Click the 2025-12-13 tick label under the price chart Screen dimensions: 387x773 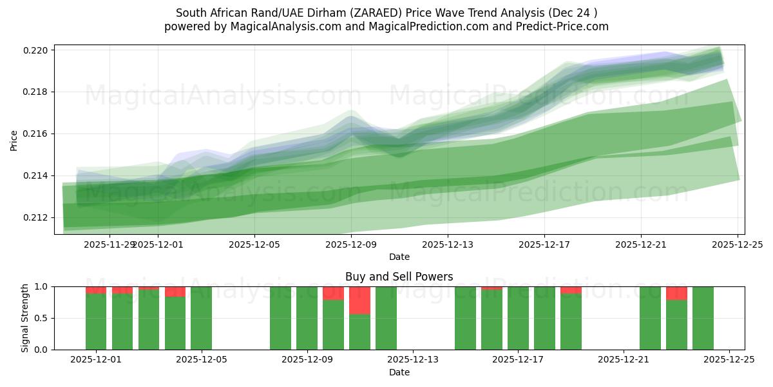click(x=447, y=244)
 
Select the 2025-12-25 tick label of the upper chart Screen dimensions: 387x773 click(x=737, y=244)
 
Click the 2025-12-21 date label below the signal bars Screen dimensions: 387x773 click(x=624, y=361)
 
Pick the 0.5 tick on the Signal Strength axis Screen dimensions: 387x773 click(x=43, y=318)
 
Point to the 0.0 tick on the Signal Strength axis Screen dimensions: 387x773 click(x=43, y=350)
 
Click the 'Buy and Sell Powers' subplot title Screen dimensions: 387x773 click(x=399, y=277)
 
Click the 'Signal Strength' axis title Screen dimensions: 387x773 click(x=25, y=318)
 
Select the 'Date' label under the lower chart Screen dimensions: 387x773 click(x=399, y=372)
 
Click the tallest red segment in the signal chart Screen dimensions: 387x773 click(x=359, y=300)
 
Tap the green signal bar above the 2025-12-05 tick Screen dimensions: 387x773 click(x=201, y=318)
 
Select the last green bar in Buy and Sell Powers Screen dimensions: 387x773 click(x=703, y=318)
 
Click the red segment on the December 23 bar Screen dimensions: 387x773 click(x=676, y=293)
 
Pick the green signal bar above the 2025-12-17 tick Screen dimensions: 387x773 click(x=518, y=318)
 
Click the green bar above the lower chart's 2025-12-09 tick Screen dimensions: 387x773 click(x=307, y=318)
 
